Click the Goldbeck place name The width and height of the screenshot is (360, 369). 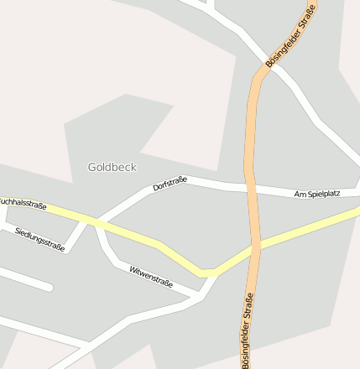click(112, 167)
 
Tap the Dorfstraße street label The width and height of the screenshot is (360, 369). click(170, 184)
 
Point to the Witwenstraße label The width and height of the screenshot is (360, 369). click(151, 276)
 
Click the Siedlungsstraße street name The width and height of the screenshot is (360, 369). click(39, 240)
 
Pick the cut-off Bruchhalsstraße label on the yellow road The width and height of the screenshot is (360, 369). click(23, 204)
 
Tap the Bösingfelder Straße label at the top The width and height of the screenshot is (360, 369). click(290, 36)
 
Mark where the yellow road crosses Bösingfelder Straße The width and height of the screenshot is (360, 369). click(255, 248)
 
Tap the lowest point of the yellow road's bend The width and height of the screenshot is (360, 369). click(206, 273)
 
